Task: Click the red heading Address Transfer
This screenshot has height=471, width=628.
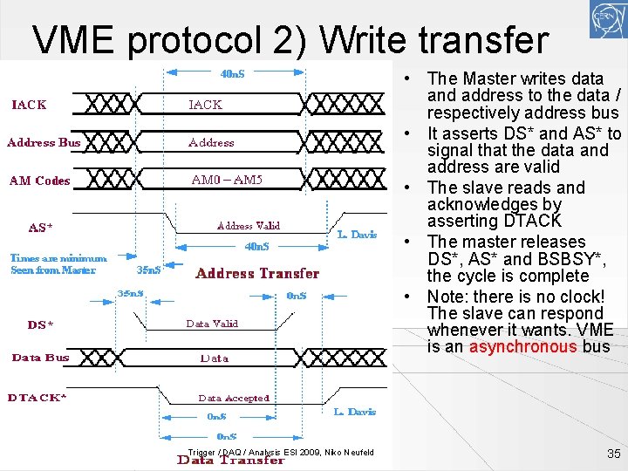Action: coord(257,273)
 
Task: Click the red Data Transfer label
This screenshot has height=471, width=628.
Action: coord(230,460)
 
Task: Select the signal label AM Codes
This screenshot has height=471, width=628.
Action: coord(39,181)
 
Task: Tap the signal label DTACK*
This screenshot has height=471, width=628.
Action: coord(38,398)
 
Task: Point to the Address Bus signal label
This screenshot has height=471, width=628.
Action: coord(44,142)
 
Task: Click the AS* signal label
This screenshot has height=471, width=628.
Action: coord(40,228)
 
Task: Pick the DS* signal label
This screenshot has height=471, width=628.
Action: coord(40,324)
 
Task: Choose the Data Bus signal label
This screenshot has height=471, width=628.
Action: coord(40,358)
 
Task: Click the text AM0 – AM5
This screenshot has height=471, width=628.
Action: coord(226,181)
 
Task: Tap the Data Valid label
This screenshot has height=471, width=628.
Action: coord(212,324)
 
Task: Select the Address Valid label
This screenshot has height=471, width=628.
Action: coord(248,226)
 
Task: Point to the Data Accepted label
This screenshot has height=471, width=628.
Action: coord(234,398)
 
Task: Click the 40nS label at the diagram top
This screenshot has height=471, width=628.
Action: coord(232,74)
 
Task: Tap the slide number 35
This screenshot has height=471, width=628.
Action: coord(613,454)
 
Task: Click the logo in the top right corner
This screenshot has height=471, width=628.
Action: coord(604,18)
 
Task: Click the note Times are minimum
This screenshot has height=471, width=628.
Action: coord(58,258)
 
